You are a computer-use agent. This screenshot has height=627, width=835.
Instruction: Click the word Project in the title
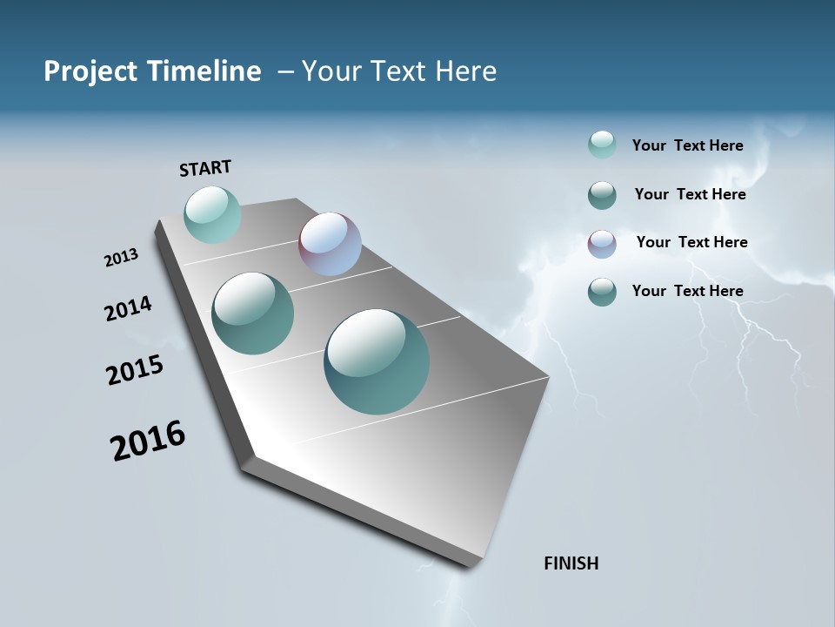[90, 71]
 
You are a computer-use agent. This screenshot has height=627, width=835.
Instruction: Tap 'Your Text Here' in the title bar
[399, 71]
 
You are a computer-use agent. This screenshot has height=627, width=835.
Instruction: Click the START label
[205, 168]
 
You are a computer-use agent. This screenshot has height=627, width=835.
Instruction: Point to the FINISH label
[571, 563]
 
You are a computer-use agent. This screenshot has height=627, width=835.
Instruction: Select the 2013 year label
[121, 258]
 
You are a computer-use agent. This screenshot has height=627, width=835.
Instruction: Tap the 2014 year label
[128, 308]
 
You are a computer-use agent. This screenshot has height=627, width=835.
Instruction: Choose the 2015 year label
[134, 370]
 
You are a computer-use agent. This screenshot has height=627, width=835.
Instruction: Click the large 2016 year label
[148, 441]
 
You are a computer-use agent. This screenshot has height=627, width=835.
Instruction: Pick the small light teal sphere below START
[212, 214]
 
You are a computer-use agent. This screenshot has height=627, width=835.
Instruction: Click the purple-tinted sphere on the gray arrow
[330, 244]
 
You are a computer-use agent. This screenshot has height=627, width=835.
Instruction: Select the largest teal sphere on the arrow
[377, 361]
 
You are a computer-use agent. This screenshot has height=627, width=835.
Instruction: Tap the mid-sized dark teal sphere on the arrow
[252, 313]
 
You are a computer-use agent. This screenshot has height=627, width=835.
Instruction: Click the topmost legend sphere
[602, 145]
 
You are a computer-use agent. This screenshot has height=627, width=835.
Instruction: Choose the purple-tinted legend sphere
[602, 244]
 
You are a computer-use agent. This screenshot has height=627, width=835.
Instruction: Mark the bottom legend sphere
[602, 292]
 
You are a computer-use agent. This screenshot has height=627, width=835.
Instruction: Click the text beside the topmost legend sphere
[687, 146]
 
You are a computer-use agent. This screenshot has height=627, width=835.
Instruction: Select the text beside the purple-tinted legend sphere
[691, 242]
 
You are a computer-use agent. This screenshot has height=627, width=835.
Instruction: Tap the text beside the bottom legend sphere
[687, 291]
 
